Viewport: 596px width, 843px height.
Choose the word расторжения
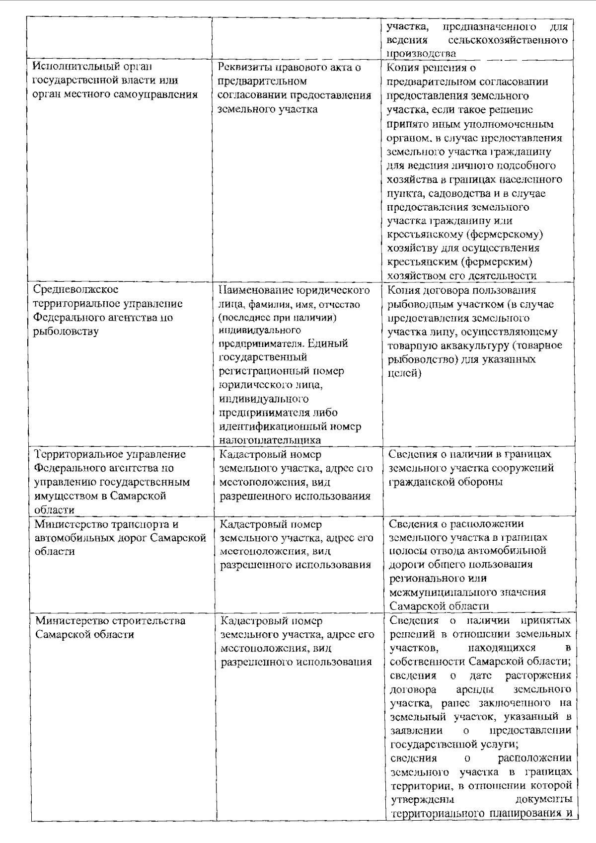(537, 675)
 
